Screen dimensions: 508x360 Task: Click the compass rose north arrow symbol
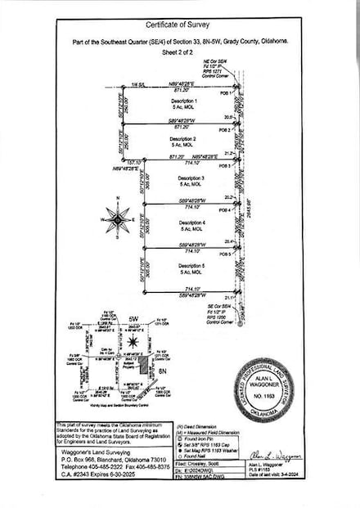click(118, 219)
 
